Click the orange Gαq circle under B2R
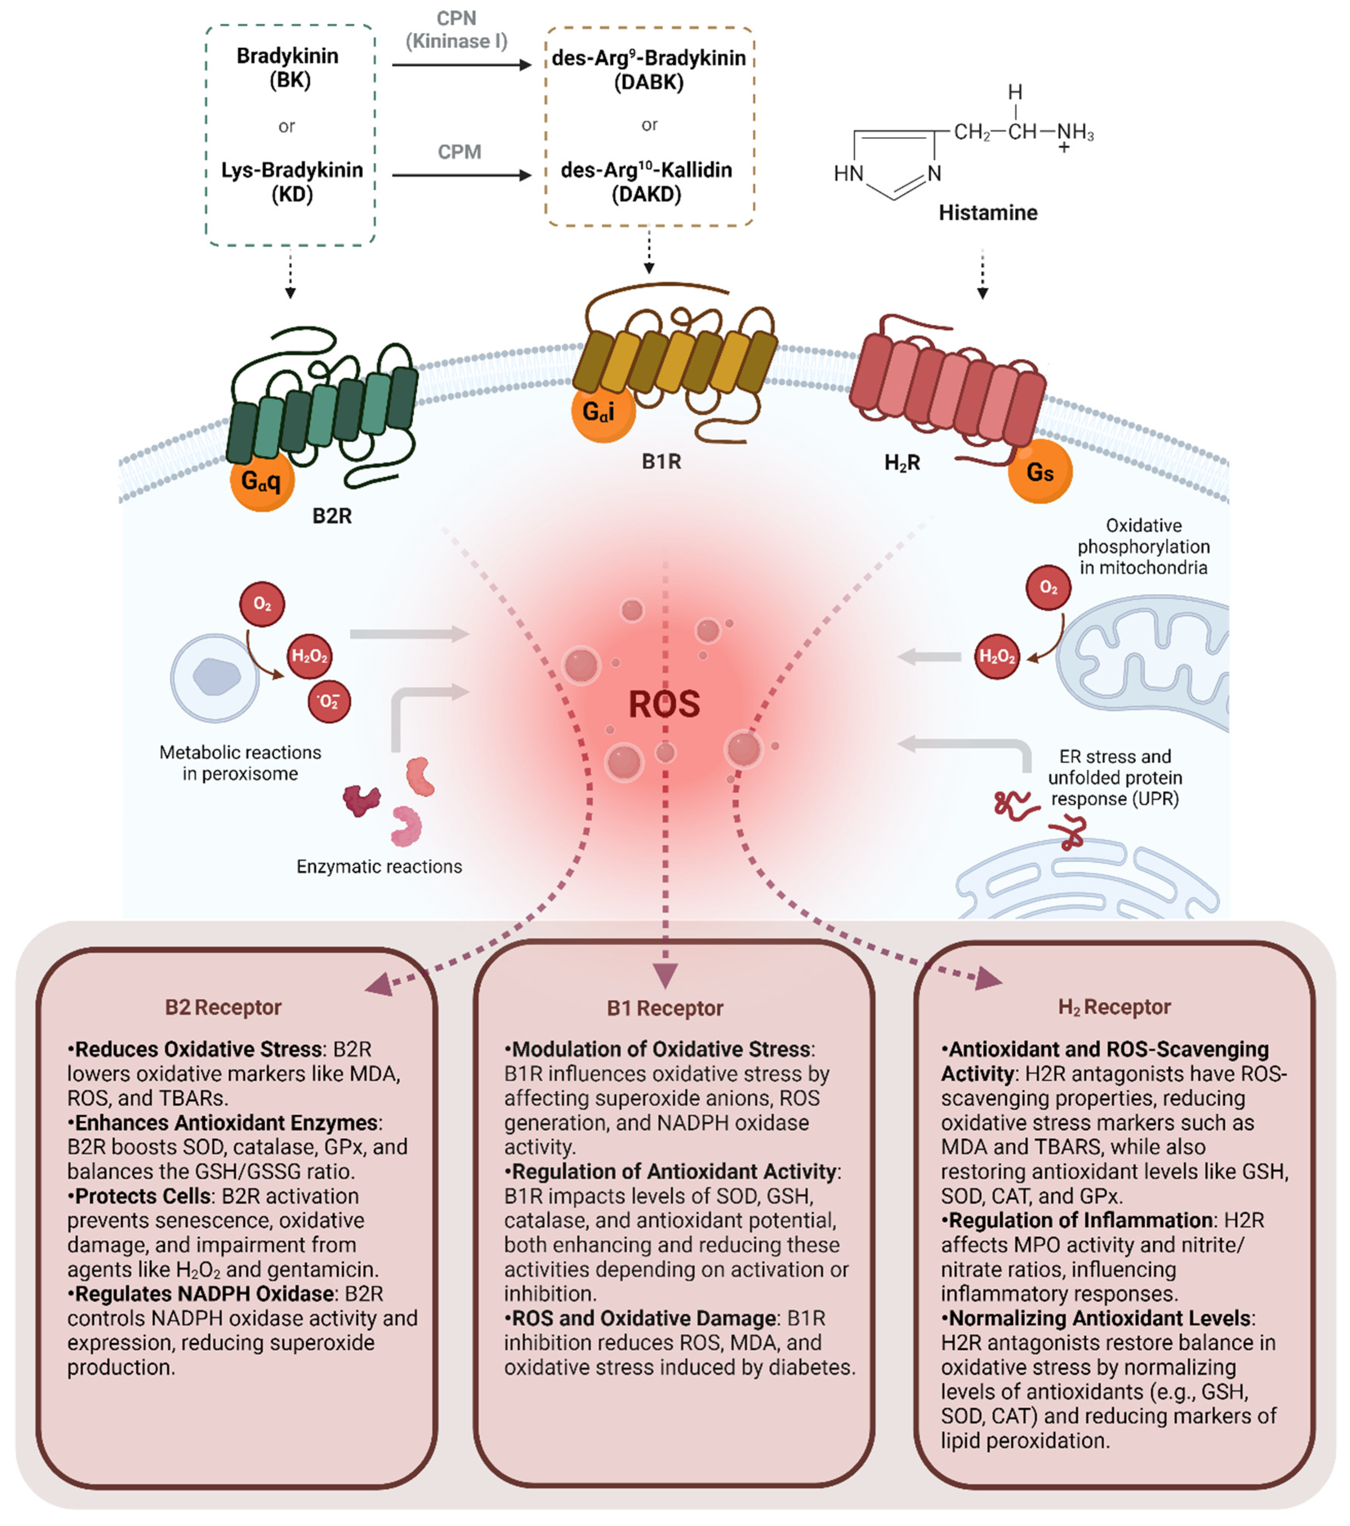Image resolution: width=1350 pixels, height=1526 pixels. click(261, 479)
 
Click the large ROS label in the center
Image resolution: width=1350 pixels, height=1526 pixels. click(664, 704)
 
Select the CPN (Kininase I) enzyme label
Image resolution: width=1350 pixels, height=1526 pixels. click(456, 30)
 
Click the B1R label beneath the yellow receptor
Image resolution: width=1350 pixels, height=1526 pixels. click(661, 461)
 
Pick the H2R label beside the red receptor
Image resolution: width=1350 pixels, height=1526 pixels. click(901, 463)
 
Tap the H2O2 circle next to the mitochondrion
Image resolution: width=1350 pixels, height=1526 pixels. click(997, 656)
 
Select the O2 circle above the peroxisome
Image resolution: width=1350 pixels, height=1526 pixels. click(261, 604)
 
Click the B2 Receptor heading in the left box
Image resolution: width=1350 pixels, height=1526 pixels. click(223, 1007)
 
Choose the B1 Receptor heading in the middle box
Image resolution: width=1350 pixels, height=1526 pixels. click(665, 1008)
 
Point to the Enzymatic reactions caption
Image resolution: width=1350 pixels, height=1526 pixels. click(379, 866)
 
